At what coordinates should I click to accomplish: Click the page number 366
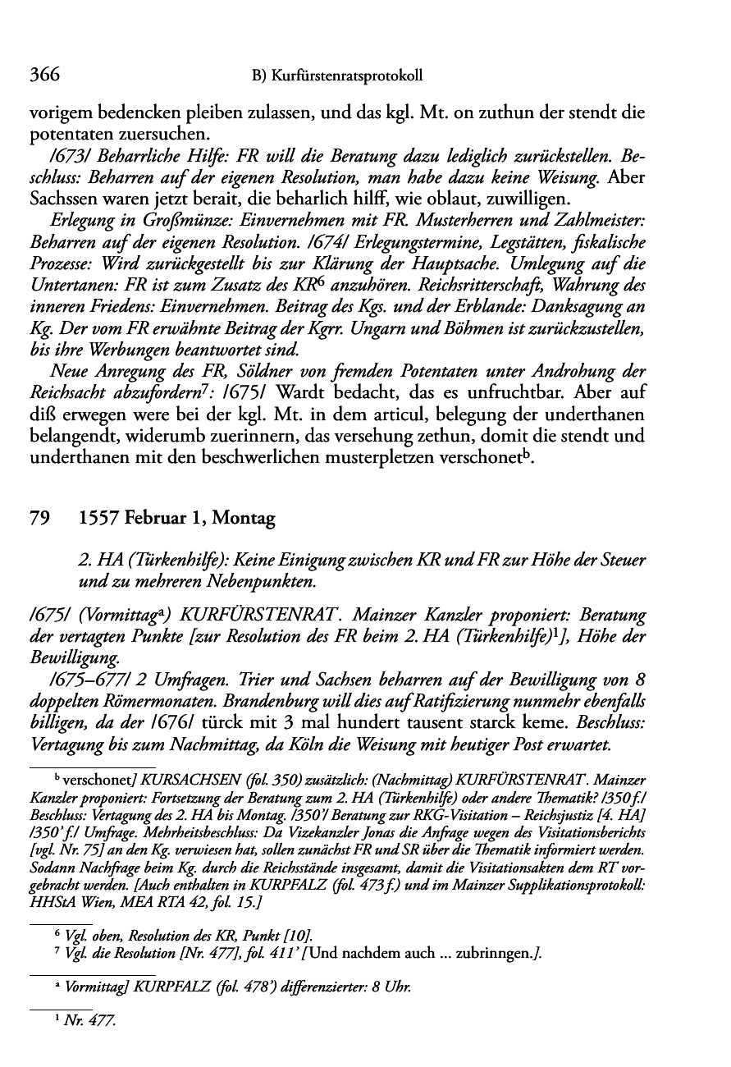[45, 76]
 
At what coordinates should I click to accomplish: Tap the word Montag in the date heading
[244, 519]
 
